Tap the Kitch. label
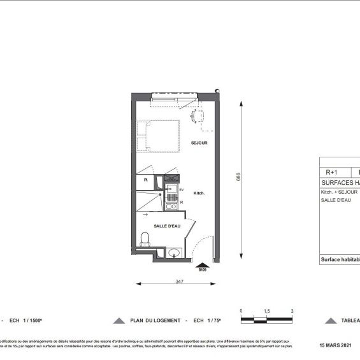point(199,193)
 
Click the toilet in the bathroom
point(145,240)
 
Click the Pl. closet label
point(146,180)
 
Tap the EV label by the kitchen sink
point(181,190)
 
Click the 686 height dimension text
point(239,178)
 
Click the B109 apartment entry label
point(203,270)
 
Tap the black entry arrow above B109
point(203,264)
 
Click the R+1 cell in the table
point(332,171)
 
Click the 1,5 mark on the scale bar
point(266,310)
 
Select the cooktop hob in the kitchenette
point(170,206)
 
